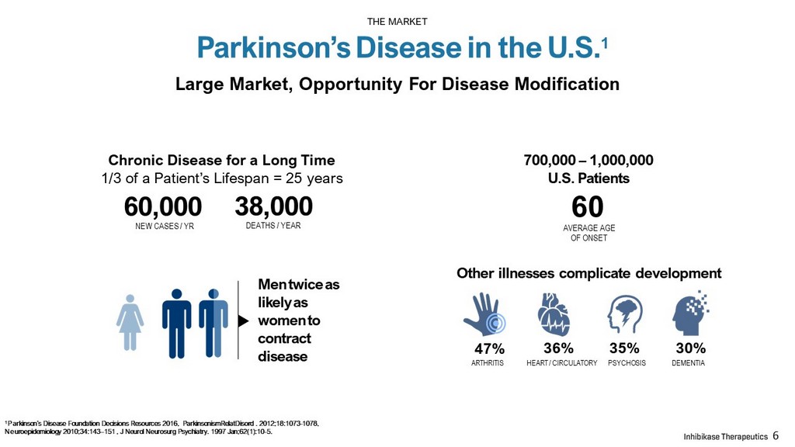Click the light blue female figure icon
(x=130, y=322)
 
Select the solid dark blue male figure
(x=176, y=324)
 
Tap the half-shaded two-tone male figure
(x=214, y=324)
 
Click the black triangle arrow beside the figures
(x=243, y=321)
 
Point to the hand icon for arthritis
(x=484, y=314)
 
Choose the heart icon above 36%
(x=554, y=314)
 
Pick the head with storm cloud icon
(x=625, y=314)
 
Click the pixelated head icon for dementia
(x=690, y=313)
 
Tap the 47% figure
(x=489, y=348)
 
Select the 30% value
(x=690, y=348)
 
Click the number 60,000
(x=163, y=206)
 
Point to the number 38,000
(x=274, y=206)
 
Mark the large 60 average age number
(x=588, y=206)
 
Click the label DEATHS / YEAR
(x=273, y=226)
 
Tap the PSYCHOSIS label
(x=627, y=363)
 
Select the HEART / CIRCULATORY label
(x=562, y=363)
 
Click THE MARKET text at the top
(x=397, y=21)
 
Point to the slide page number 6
(x=776, y=435)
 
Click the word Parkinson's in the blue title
(x=274, y=47)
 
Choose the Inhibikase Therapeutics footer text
(x=726, y=436)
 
